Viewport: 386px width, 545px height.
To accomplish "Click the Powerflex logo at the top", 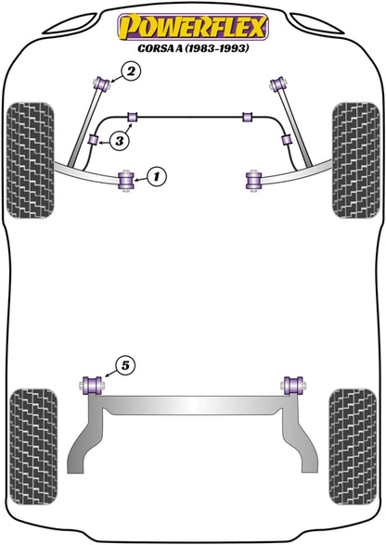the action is pos(193,27).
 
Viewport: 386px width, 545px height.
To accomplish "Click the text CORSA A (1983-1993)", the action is pos(193,48).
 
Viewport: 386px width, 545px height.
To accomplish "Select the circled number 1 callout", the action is pos(157,176).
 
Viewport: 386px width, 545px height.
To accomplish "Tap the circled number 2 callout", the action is pos(131,72).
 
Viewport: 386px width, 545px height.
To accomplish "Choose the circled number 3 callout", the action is pos(120,141).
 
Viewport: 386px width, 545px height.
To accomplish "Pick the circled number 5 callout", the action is pos(124,365).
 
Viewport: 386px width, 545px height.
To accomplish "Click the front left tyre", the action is pos(31,160).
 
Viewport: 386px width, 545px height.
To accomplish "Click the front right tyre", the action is pos(355,160).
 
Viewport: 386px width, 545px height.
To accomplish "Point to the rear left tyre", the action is pos(33,447).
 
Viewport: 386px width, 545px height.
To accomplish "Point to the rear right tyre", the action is pos(353,447).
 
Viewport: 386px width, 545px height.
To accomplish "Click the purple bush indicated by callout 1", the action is pos(127,180).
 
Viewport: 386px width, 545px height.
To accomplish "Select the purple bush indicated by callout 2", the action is pos(102,84).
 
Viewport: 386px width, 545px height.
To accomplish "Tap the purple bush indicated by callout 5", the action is pos(92,386).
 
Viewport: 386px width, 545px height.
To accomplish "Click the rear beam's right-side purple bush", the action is pos(294,386).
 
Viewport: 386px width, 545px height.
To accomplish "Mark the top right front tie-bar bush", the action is pos(278,84).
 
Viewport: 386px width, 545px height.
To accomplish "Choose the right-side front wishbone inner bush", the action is pos(253,180).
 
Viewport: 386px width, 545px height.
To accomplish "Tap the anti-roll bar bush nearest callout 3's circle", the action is pos(94,139).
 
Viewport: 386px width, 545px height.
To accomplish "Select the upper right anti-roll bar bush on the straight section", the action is pos(247,117).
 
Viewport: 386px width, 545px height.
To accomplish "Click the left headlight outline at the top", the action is pos(70,24).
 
